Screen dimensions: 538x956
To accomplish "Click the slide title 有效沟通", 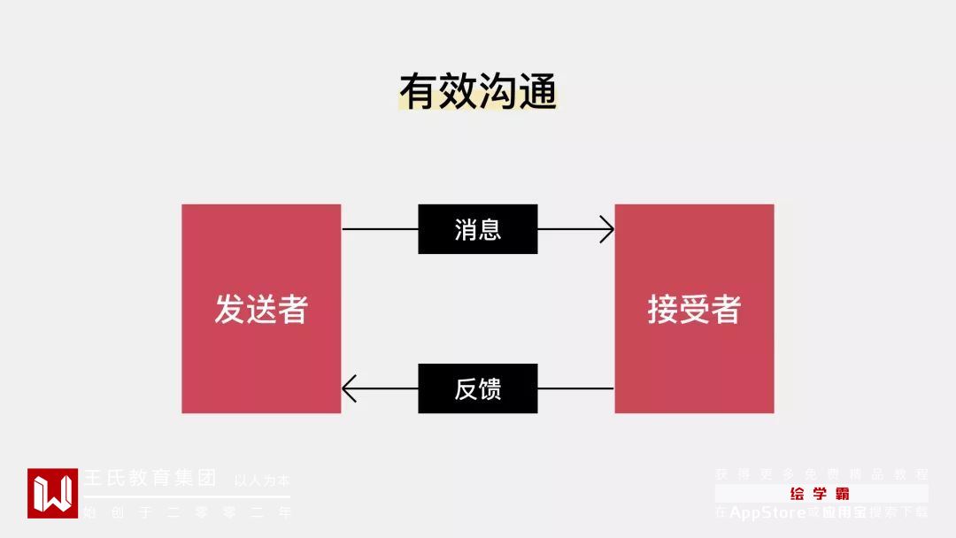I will tap(478, 91).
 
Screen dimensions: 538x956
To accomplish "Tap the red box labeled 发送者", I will tap(261, 309).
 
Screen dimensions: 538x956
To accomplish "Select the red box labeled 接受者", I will tap(694, 309).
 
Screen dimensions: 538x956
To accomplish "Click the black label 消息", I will tap(478, 229).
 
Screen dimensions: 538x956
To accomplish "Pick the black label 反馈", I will tap(478, 388).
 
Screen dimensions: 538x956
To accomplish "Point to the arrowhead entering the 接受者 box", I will tap(607, 229).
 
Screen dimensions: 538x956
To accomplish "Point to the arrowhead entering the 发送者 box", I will tap(349, 388).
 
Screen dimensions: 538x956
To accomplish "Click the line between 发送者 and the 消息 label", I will tap(380, 229).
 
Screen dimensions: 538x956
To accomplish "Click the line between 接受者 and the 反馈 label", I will tap(575, 388).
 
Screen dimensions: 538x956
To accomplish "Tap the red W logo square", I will tap(52, 493).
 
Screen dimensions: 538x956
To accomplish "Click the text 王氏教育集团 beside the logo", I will tap(150, 479).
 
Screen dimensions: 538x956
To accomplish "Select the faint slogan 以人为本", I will tap(262, 481).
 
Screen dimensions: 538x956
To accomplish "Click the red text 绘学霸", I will tap(821, 494).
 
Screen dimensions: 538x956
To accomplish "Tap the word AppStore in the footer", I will tap(767, 512).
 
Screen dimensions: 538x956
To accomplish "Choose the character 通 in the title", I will tap(537, 91).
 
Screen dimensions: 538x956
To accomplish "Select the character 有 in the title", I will tap(419, 91).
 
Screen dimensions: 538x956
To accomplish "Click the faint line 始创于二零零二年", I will tap(186, 511).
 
